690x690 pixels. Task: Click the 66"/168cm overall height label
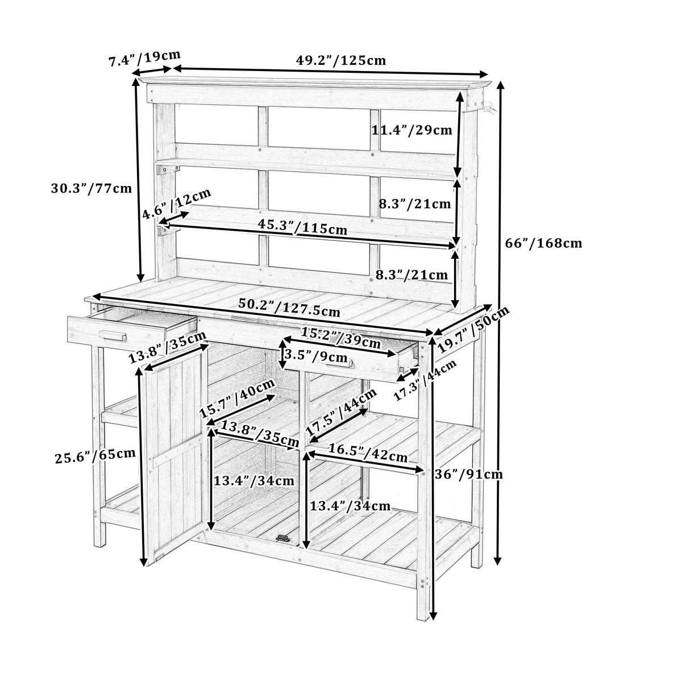[543, 243]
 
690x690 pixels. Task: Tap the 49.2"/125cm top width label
[341, 60]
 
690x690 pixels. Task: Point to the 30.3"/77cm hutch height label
[91, 189]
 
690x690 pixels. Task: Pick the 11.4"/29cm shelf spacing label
[411, 130]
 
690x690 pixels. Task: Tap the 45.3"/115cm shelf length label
[302, 227]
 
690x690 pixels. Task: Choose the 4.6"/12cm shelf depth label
[176, 205]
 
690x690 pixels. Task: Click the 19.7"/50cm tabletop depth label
[473, 330]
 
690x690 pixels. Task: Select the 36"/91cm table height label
[469, 473]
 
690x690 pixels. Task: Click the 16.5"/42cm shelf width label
[367, 453]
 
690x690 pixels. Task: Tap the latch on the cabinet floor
[282, 538]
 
